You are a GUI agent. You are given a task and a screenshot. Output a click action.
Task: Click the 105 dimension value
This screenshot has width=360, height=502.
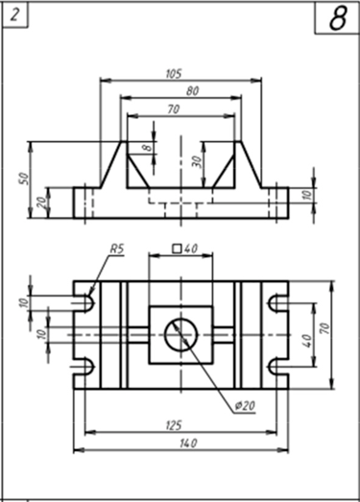point(174,74)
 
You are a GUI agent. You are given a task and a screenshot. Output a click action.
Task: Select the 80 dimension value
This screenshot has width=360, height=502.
point(192,91)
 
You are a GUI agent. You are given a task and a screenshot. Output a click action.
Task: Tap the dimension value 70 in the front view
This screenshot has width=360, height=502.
point(173,109)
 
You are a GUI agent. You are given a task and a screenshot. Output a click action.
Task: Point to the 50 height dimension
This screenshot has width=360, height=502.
point(25,179)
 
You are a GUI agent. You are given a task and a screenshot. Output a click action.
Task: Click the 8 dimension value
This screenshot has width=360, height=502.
point(147,148)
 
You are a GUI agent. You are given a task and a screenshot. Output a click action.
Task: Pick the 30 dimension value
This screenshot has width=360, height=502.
point(197,162)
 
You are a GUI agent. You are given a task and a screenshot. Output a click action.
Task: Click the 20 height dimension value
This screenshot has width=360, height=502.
point(41,203)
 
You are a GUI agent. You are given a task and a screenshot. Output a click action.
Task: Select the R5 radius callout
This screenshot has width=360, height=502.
point(116,249)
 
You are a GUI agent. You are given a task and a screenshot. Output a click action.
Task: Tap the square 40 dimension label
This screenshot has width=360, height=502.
point(185,249)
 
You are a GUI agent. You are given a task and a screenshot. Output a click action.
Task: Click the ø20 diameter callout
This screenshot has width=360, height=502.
point(245,406)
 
